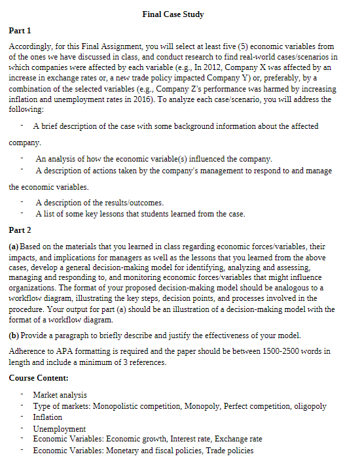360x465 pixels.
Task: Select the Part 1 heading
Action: click(20, 31)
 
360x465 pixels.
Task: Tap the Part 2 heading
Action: click(20, 230)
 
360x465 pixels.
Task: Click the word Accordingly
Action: click(30, 47)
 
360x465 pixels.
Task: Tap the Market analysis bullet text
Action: click(60, 395)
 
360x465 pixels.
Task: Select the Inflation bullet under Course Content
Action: click(47, 417)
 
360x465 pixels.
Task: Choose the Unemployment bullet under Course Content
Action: click(59, 428)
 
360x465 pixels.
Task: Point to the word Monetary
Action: click(123, 451)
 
